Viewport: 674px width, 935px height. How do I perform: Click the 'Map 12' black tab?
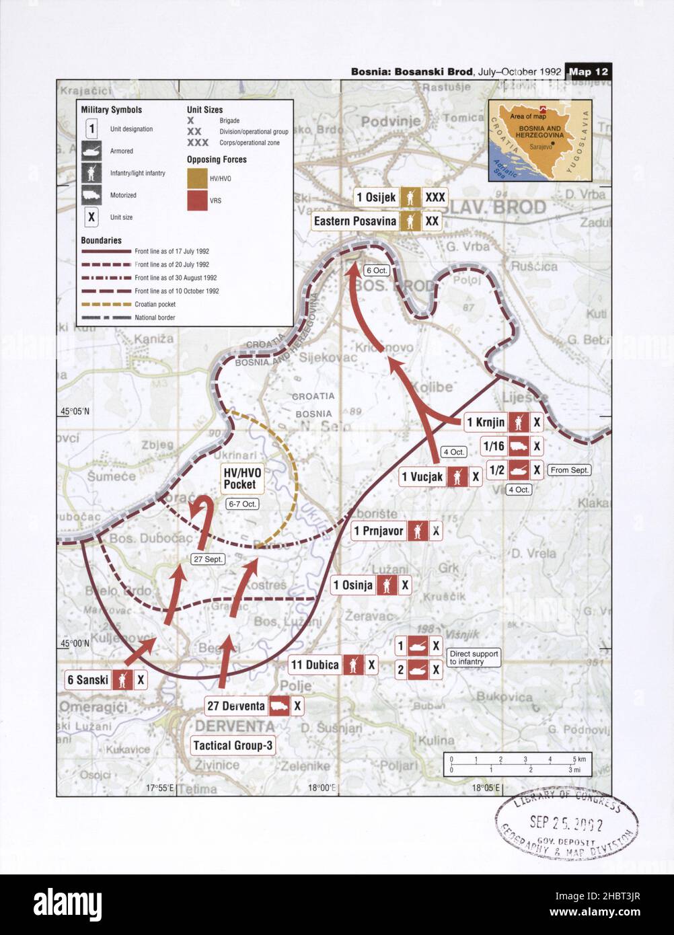tap(589, 71)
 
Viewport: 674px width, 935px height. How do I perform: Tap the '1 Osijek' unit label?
tap(376, 197)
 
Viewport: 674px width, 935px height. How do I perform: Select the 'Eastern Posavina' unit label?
tap(355, 221)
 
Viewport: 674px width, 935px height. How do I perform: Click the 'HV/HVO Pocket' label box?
tap(240, 478)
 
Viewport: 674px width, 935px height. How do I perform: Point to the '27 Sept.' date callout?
tap(207, 559)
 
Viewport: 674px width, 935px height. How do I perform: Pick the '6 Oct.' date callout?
tap(376, 270)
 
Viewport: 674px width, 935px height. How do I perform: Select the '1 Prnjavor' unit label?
tap(378, 531)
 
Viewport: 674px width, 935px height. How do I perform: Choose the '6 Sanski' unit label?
tap(88, 679)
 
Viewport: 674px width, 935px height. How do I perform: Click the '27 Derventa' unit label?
tap(235, 706)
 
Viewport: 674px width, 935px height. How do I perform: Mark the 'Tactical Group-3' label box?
tap(233, 745)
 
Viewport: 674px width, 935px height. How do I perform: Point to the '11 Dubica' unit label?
tap(314, 665)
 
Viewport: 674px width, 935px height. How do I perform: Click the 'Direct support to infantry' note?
tap(474, 658)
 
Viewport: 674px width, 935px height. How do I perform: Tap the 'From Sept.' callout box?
tap(569, 470)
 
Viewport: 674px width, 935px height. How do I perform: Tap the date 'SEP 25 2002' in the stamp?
tap(566, 822)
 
